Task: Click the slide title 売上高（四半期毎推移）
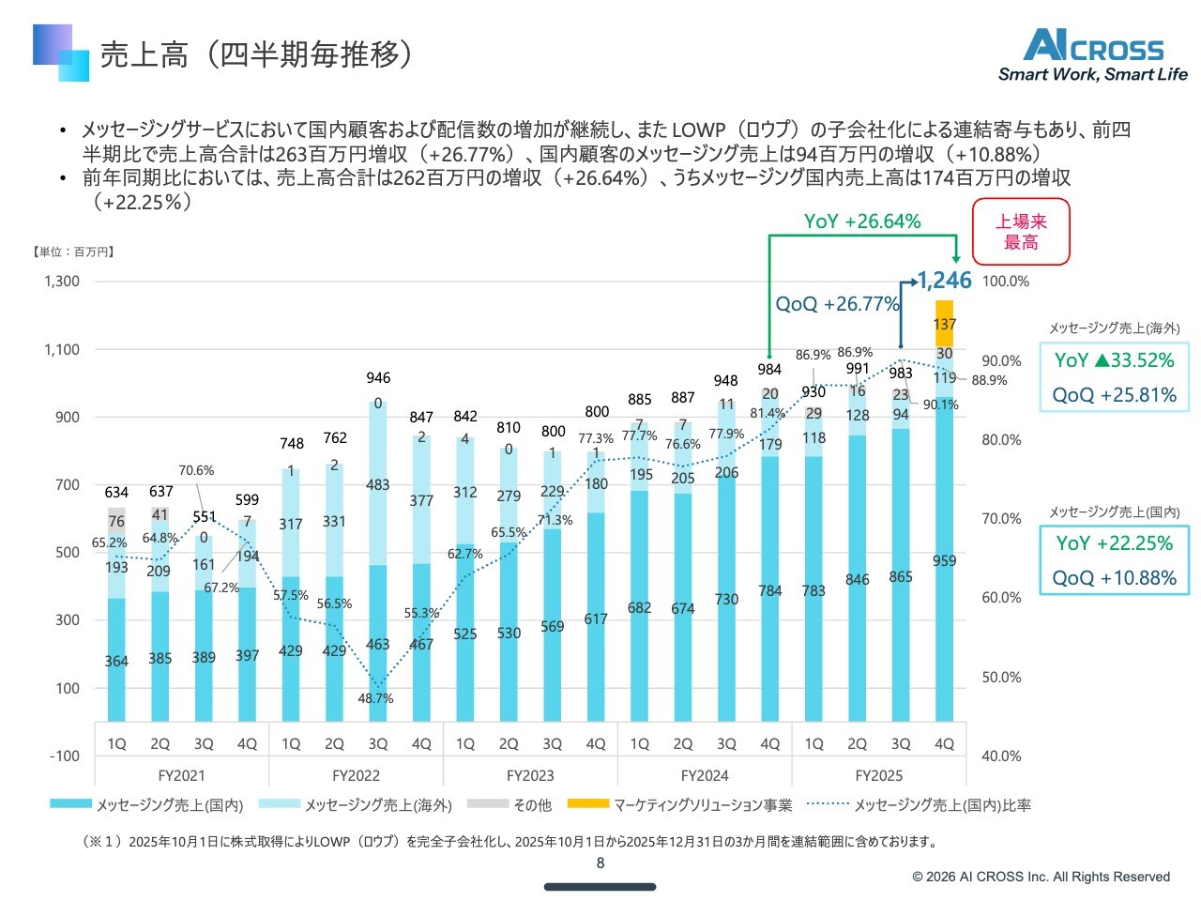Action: click(255, 54)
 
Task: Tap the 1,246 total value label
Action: click(944, 281)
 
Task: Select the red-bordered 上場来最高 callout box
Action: click(1021, 232)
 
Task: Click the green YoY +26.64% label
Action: click(862, 221)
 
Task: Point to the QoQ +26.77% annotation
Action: click(837, 304)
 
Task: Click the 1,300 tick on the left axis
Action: click(62, 281)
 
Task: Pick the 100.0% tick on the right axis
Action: click(1005, 282)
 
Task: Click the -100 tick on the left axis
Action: click(64, 756)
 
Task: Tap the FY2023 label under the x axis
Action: click(530, 775)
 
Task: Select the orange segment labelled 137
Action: click(944, 324)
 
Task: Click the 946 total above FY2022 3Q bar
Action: click(378, 377)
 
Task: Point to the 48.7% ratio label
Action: click(375, 698)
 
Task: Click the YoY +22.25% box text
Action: click(1115, 543)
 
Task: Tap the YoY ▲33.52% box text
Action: click(1115, 360)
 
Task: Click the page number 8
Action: click(600, 863)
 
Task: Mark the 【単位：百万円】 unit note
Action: click(74, 252)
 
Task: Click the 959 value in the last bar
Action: click(944, 560)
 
